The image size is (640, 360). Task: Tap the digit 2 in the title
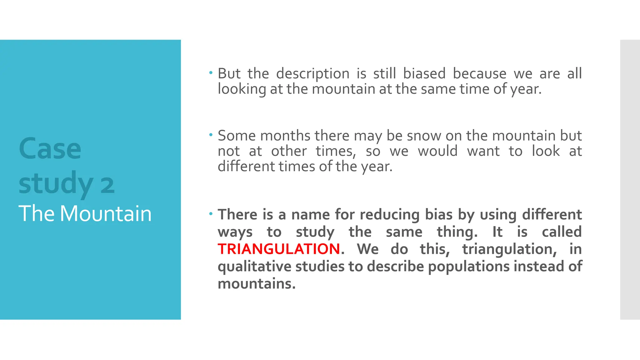coord(107,185)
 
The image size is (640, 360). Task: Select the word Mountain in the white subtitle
coord(105,214)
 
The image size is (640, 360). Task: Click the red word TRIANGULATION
coord(279,249)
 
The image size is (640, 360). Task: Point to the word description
coord(313,74)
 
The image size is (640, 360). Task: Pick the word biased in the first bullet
coord(424,74)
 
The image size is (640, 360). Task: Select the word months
coord(285,136)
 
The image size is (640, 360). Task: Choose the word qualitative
coord(254,267)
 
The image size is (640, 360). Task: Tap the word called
coord(562,232)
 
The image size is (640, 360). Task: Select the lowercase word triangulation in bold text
coord(509,249)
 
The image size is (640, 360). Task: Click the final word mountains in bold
coord(256,284)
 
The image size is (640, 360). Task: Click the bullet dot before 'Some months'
coord(211,135)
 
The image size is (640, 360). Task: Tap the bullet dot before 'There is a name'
coord(211,214)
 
